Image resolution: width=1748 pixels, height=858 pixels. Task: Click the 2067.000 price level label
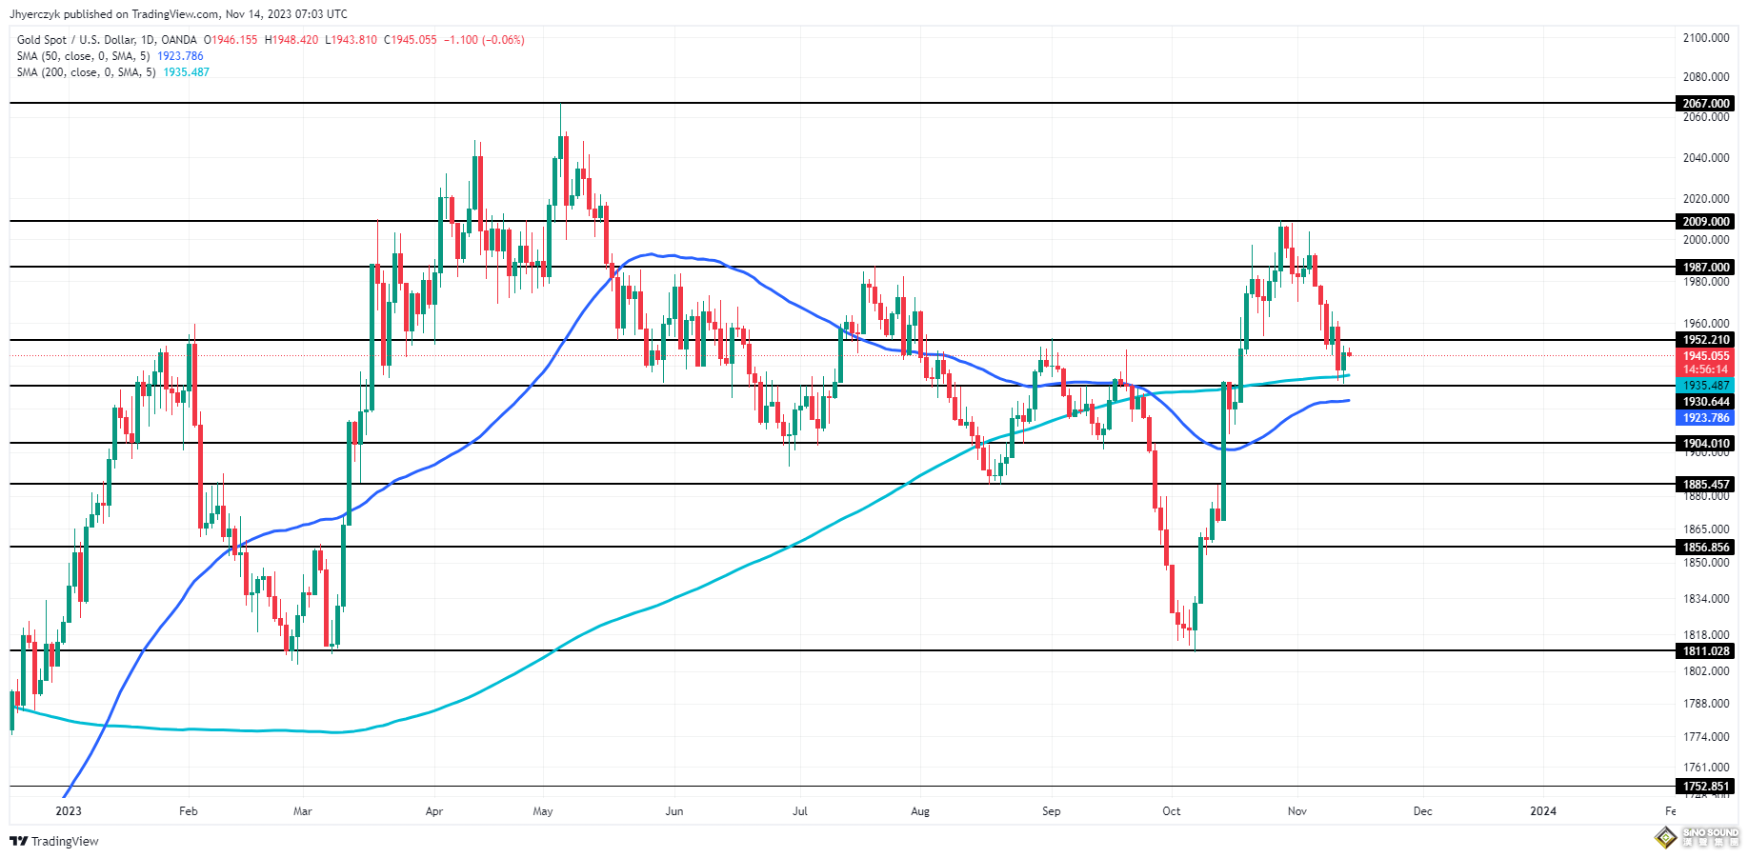1705,103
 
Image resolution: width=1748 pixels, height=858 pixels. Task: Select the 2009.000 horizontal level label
1705,221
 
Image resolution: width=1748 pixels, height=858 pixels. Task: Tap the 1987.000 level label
1705,267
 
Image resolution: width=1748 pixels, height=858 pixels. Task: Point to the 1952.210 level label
1705,339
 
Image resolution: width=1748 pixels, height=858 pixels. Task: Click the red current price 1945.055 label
1705,356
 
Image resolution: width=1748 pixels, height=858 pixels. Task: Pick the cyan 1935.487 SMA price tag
1705,386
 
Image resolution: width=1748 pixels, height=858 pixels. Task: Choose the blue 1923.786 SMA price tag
1705,418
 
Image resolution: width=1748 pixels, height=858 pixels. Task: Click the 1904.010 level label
1705,443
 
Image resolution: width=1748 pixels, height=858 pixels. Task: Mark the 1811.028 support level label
1705,651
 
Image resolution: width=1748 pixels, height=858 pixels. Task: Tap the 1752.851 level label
1705,787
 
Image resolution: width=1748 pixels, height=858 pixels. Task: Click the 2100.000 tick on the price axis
1705,38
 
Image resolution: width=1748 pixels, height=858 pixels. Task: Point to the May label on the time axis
543,811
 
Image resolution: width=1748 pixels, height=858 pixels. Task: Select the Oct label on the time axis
1171,811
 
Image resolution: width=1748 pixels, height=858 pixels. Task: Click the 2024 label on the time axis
1542,811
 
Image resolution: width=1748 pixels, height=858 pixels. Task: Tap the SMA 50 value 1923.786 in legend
180,56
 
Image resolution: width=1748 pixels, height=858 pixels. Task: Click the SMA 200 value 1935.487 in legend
186,72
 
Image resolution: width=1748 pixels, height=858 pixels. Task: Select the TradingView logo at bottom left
54,841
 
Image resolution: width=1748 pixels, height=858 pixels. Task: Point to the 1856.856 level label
1705,547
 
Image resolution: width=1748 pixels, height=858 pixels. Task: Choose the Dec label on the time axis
1422,811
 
